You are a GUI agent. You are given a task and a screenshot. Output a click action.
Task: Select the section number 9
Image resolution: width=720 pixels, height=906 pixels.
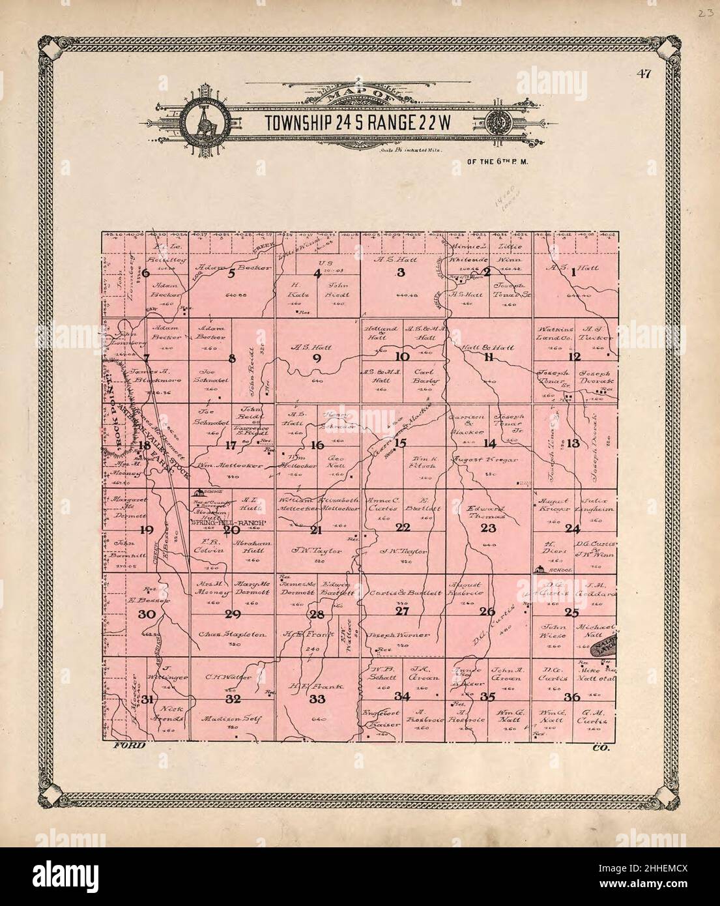pyautogui.click(x=317, y=357)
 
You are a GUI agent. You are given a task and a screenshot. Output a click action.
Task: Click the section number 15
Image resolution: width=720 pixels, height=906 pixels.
pyautogui.click(x=401, y=443)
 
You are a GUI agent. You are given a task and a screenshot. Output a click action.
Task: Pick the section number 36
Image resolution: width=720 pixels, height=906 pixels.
pyautogui.click(x=572, y=697)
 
